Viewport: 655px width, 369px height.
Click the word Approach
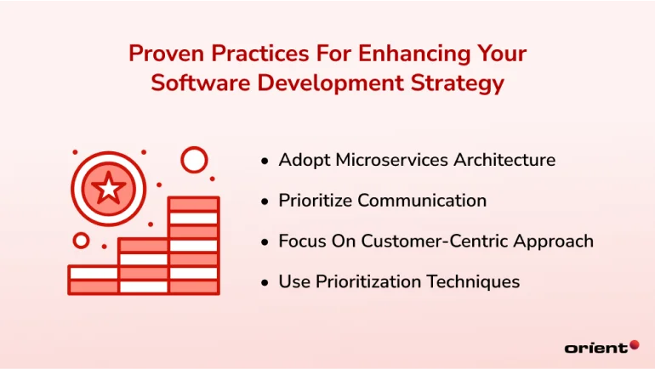tap(551, 241)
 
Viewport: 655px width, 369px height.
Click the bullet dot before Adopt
tap(266, 161)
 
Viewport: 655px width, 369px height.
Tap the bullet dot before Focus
tap(266, 241)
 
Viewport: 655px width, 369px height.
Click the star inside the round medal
tap(109, 188)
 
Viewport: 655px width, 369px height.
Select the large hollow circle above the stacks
tap(195, 159)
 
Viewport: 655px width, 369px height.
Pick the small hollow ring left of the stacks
tap(82, 241)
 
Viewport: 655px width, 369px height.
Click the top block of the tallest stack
tap(194, 204)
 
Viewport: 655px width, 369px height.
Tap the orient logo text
tap(595, 347)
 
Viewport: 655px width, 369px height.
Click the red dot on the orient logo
tap(635, 344)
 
